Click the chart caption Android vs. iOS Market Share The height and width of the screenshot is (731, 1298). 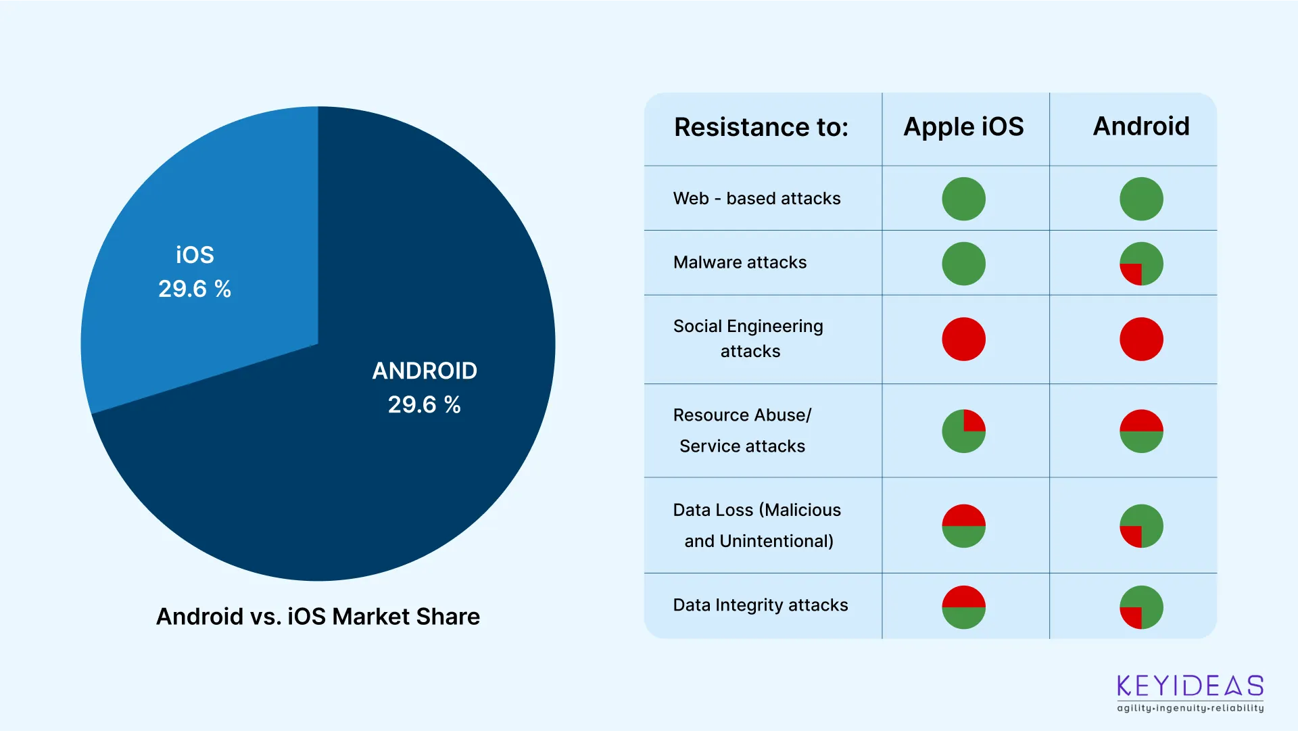(x=318, y=617)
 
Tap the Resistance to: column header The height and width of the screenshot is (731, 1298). (x=761, y=127)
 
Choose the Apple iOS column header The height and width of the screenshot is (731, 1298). (x=963, y=127)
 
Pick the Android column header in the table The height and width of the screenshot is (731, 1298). (x=1141, y=126)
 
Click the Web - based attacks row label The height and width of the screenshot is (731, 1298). (x=756, y=199)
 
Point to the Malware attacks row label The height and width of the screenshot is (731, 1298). (x=740, y=262)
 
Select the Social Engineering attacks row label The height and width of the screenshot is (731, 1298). (x=748, y=339)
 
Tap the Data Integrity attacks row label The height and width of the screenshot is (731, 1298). (x=760, y=605)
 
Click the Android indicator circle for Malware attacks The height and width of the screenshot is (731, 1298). (x=1141, y=264)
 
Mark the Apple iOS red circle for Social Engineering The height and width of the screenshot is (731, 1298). (x=963, y=339)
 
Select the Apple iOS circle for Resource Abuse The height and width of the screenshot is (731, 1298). (x=963, y=431)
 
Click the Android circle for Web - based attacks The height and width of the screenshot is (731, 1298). (x=1141, y=199)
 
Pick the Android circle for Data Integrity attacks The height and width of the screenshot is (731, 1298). (x=1141, y=607)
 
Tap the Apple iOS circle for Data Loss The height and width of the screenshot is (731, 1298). (x=963, y=525)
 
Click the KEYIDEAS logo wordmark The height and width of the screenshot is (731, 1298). (x=1190, y=686)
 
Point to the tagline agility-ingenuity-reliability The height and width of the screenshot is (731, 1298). (x=1190, y=708)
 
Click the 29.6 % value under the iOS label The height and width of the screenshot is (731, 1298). (x=195, y=289)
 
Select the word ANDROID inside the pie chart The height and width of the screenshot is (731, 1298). (x=425, y=371)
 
